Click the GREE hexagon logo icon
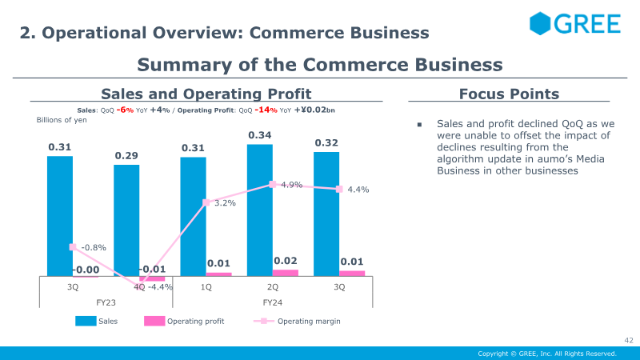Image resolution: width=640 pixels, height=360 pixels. [x=540, y=23]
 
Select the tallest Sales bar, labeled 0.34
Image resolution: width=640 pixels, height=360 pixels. [x=259, y=210]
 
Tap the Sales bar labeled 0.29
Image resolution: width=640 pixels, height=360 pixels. [x=126, y=221]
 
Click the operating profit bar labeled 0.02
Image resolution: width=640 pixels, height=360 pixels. [x=286, y=273]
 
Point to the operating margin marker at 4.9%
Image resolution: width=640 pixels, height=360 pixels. [x=273, y=185]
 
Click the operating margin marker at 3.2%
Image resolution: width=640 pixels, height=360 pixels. [x=206, y=202]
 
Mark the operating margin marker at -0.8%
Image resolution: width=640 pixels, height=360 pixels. [x=73, y=247]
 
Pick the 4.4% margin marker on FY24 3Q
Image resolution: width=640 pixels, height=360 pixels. [x=339, y=189]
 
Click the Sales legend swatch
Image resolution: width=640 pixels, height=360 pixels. [x=86, y=322]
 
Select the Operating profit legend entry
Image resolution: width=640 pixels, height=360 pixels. [x=184, y=322]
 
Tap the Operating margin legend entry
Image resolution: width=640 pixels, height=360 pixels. [x=297, y=322]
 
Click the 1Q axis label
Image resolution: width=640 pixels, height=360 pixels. [x=206, y=287]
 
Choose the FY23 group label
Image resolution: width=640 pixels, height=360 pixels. [x=106, y=302]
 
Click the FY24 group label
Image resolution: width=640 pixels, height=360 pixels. [x=273, y=302]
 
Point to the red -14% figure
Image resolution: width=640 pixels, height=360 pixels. [x=266, y=110]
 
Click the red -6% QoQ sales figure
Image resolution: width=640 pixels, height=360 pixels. [x=125, y=110]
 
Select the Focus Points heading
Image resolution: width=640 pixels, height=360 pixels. [x=509, y=94]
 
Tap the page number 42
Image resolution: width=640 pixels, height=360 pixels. [x=629, y=341]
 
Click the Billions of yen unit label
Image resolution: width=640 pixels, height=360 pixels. [x=62, y=120]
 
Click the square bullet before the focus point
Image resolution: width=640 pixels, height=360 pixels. [x=419, y=125]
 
